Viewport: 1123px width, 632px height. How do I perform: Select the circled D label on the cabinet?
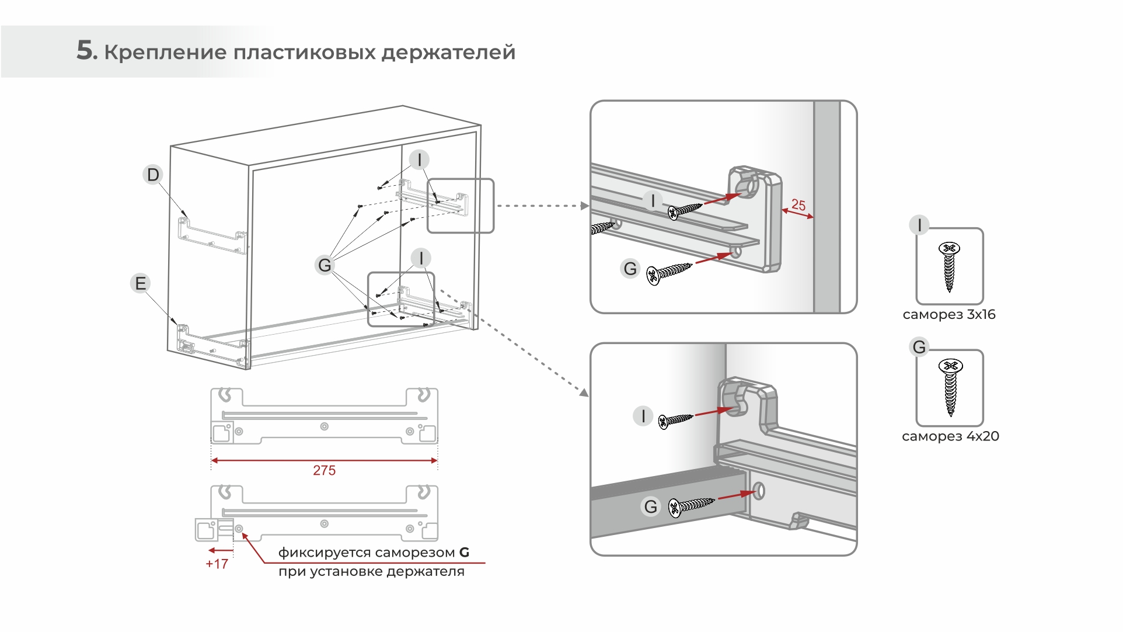[153, 175]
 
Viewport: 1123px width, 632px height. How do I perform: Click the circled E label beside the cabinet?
[140, 283]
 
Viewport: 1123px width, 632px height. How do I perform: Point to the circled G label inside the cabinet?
[325, 265]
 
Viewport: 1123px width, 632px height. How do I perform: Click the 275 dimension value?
[324, 470]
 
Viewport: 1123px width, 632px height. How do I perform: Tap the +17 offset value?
[217, 564]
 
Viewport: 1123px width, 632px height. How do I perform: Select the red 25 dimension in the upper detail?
[798, 205]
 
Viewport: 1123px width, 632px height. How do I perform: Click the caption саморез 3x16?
[948, 315]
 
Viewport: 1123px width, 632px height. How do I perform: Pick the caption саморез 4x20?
[950, 436]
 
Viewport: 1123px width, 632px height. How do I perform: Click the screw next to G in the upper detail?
[669, 273]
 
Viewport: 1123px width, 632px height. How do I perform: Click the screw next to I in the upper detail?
[685, 210]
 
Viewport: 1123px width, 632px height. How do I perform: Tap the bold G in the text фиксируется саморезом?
[464, 553]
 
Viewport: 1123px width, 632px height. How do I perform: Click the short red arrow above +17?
[221, 550]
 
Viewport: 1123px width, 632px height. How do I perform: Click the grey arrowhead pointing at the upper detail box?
[585, 206]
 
